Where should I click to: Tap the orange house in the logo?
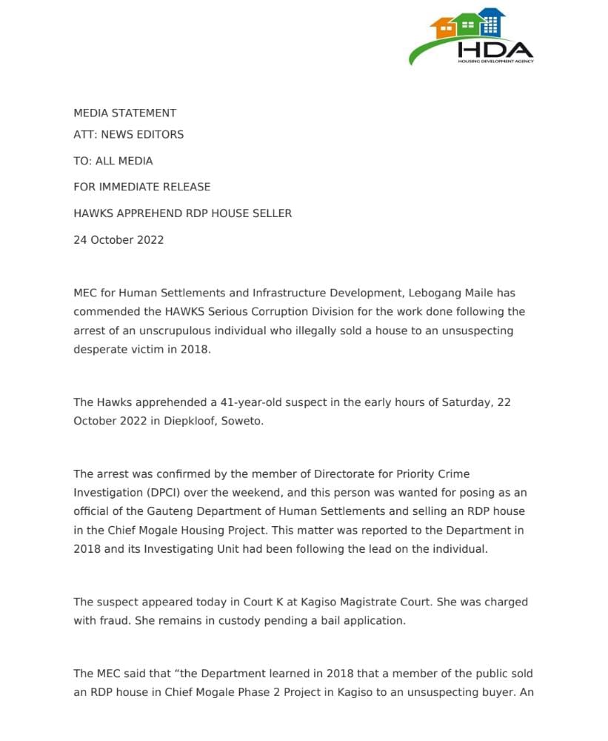(446, 29)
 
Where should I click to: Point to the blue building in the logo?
(490, 22)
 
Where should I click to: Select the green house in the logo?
(467, 26)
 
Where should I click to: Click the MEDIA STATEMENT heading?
(124, 113)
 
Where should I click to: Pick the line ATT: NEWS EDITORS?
(128, 134)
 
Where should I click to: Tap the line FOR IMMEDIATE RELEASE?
(141, 187)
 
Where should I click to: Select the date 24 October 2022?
(118, 240)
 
